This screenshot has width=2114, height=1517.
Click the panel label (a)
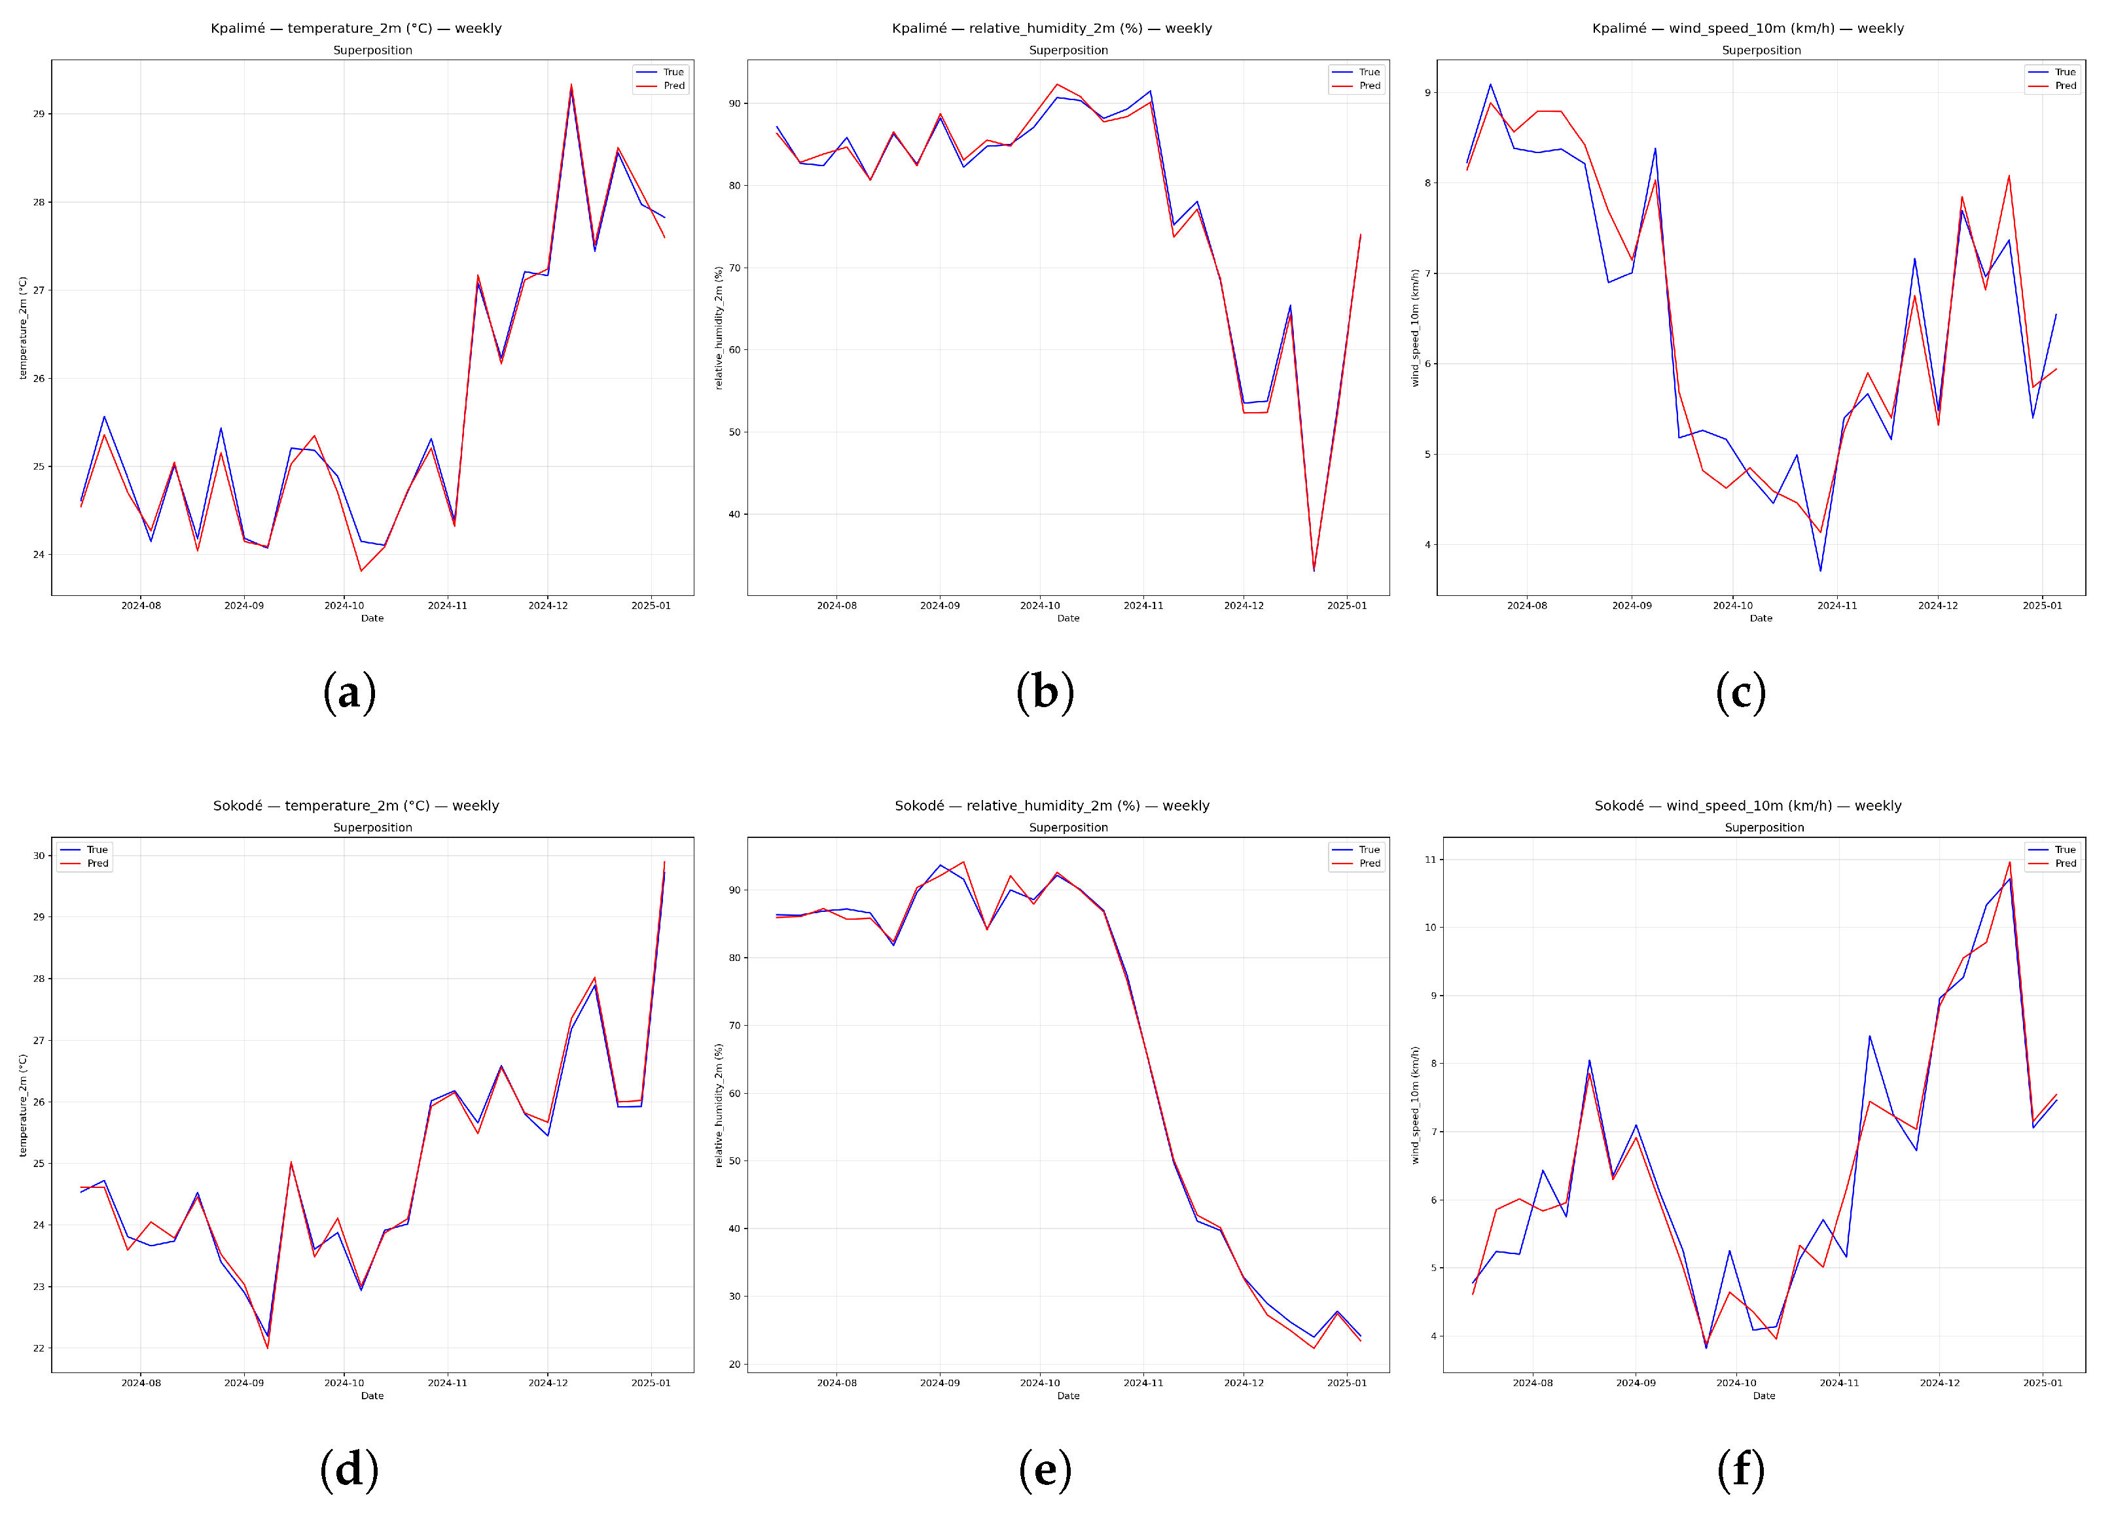click(x=349, y=692)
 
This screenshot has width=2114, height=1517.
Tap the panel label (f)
click(x=1740, y=1469)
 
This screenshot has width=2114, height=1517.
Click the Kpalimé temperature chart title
click(x=356, y=28)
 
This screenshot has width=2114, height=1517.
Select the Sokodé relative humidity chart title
click(x=1051, y=805)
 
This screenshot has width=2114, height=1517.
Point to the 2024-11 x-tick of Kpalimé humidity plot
click(x=1143, y=606)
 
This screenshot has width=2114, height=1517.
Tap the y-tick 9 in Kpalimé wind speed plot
click(x=1427, y=93)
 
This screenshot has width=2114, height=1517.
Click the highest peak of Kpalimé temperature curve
click(x=571, y=85)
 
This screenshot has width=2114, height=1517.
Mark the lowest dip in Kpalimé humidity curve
click(x=1314, y=570)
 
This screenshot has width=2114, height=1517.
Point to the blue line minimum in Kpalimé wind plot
click(x=1820, y=570)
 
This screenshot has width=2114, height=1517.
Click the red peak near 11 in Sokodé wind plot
click(x=2009, y=862)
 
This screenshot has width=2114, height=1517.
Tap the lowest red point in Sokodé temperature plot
click(x=268, y=1348)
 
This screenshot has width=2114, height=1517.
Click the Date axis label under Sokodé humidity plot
click(x=1068, y=1396)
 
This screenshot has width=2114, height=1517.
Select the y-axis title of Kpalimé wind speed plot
click(x=1415, y=328)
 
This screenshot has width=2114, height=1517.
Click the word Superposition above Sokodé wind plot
click(x=1764, y=828)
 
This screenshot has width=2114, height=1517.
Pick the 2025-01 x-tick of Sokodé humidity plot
click(x=1347, y=1383)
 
